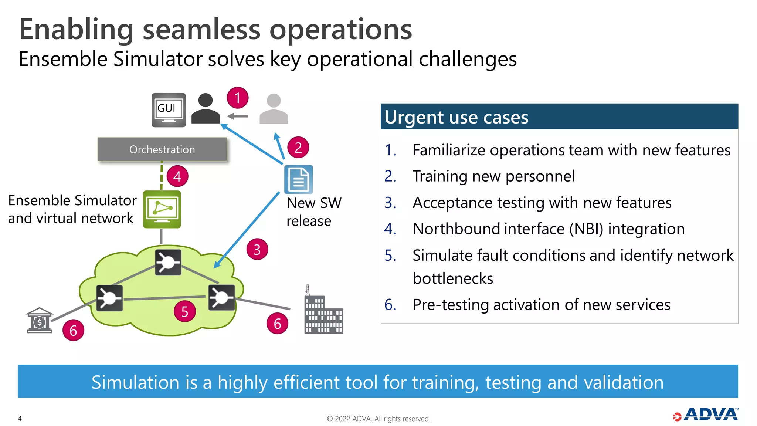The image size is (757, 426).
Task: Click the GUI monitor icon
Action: point(169,110)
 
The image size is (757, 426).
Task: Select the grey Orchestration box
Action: point(162,149)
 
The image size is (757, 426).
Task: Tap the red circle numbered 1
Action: point(237,98)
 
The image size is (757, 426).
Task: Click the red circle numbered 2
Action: point(298,148)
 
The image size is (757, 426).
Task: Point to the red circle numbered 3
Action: point(257,250)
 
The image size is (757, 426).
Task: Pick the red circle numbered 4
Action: point(177,176)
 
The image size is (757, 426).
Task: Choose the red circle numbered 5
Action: point(184,312)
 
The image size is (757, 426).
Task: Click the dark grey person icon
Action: point(206,109)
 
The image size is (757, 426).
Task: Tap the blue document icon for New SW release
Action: point(299,179)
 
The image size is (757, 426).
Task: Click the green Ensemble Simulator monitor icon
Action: point(162,209)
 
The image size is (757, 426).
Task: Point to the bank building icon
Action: point(40,321)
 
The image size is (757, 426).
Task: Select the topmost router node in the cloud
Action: point(168,262)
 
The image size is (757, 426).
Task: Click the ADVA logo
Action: point(706,415)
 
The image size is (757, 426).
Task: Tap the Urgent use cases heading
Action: point(456,117)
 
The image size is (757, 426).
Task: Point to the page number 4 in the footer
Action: point(20,419)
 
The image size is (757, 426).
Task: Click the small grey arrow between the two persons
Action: point(237,116)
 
